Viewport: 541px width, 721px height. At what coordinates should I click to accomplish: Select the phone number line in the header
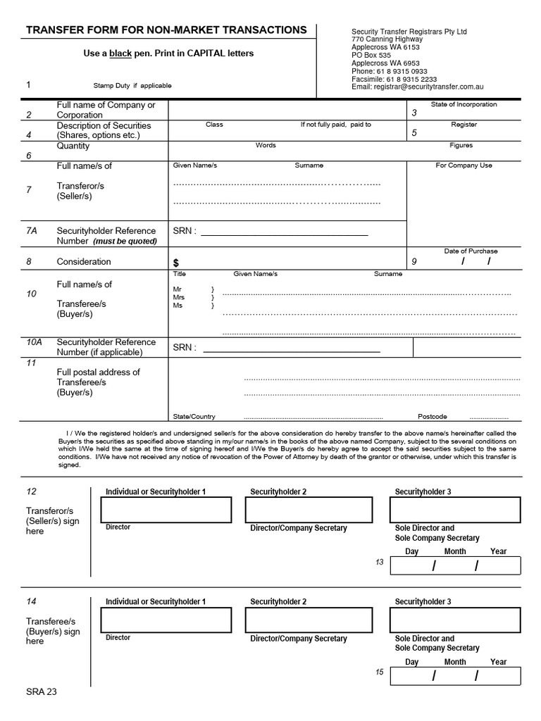click(x=389, y=71)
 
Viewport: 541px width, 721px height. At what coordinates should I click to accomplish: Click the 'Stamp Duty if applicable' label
click(x=132, y=86)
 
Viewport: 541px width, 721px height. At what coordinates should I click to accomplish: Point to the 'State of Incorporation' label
click(x=464, y=104)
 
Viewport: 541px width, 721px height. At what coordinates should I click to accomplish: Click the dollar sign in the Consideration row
click(x=176, y=263)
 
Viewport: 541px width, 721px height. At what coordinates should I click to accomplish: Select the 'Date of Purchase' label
click(x=471, y=251)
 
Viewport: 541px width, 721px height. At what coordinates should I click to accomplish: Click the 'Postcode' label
click(x=433, y=416)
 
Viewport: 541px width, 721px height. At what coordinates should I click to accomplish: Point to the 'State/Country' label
click(x=194, y=416)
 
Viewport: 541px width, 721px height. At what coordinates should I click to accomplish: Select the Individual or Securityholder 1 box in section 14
click(x=166, y=620)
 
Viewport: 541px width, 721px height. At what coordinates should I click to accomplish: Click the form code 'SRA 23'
click(x=42, y=691)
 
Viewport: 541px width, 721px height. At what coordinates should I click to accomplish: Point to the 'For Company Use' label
click(x=464, y=165)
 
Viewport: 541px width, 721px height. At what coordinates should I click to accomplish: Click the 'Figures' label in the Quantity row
click(x=461, y=145)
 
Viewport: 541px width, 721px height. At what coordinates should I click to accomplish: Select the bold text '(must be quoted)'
click(x=125, y=241)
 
